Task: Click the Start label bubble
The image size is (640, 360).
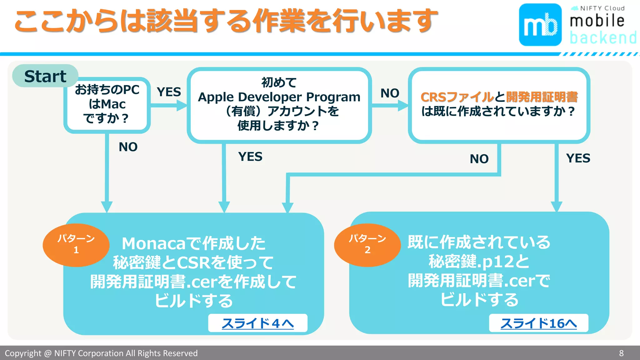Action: pos(45,76)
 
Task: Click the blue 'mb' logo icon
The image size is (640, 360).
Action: pos(540,25)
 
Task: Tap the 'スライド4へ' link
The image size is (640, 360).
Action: pos(258,323)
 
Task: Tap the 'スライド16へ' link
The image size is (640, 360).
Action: pos(538,323)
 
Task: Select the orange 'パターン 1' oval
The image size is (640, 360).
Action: pos(76,245)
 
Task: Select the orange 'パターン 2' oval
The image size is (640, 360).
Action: pos(367,245)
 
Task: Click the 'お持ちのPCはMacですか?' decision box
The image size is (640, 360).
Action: pos(107,105)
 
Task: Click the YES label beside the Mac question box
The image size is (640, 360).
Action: pos(169,92)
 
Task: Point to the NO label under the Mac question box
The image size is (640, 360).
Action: pos(128,147)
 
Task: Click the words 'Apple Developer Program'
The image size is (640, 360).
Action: pos(279,97)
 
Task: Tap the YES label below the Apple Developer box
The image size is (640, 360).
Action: pos(250,157)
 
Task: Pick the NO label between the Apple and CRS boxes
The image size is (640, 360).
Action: pos(390,93)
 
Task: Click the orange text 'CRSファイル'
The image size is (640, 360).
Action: pos(457,97)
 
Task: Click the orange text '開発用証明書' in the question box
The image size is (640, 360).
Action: pos(542,97)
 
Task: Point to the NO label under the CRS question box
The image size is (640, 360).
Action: pos(479,159)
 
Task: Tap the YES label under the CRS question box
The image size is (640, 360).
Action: pos(578,158)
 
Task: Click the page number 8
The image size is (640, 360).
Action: pos(621,353)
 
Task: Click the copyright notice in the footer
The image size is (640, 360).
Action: pos(101,353)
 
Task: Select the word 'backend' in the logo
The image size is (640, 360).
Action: pos(603,38)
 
